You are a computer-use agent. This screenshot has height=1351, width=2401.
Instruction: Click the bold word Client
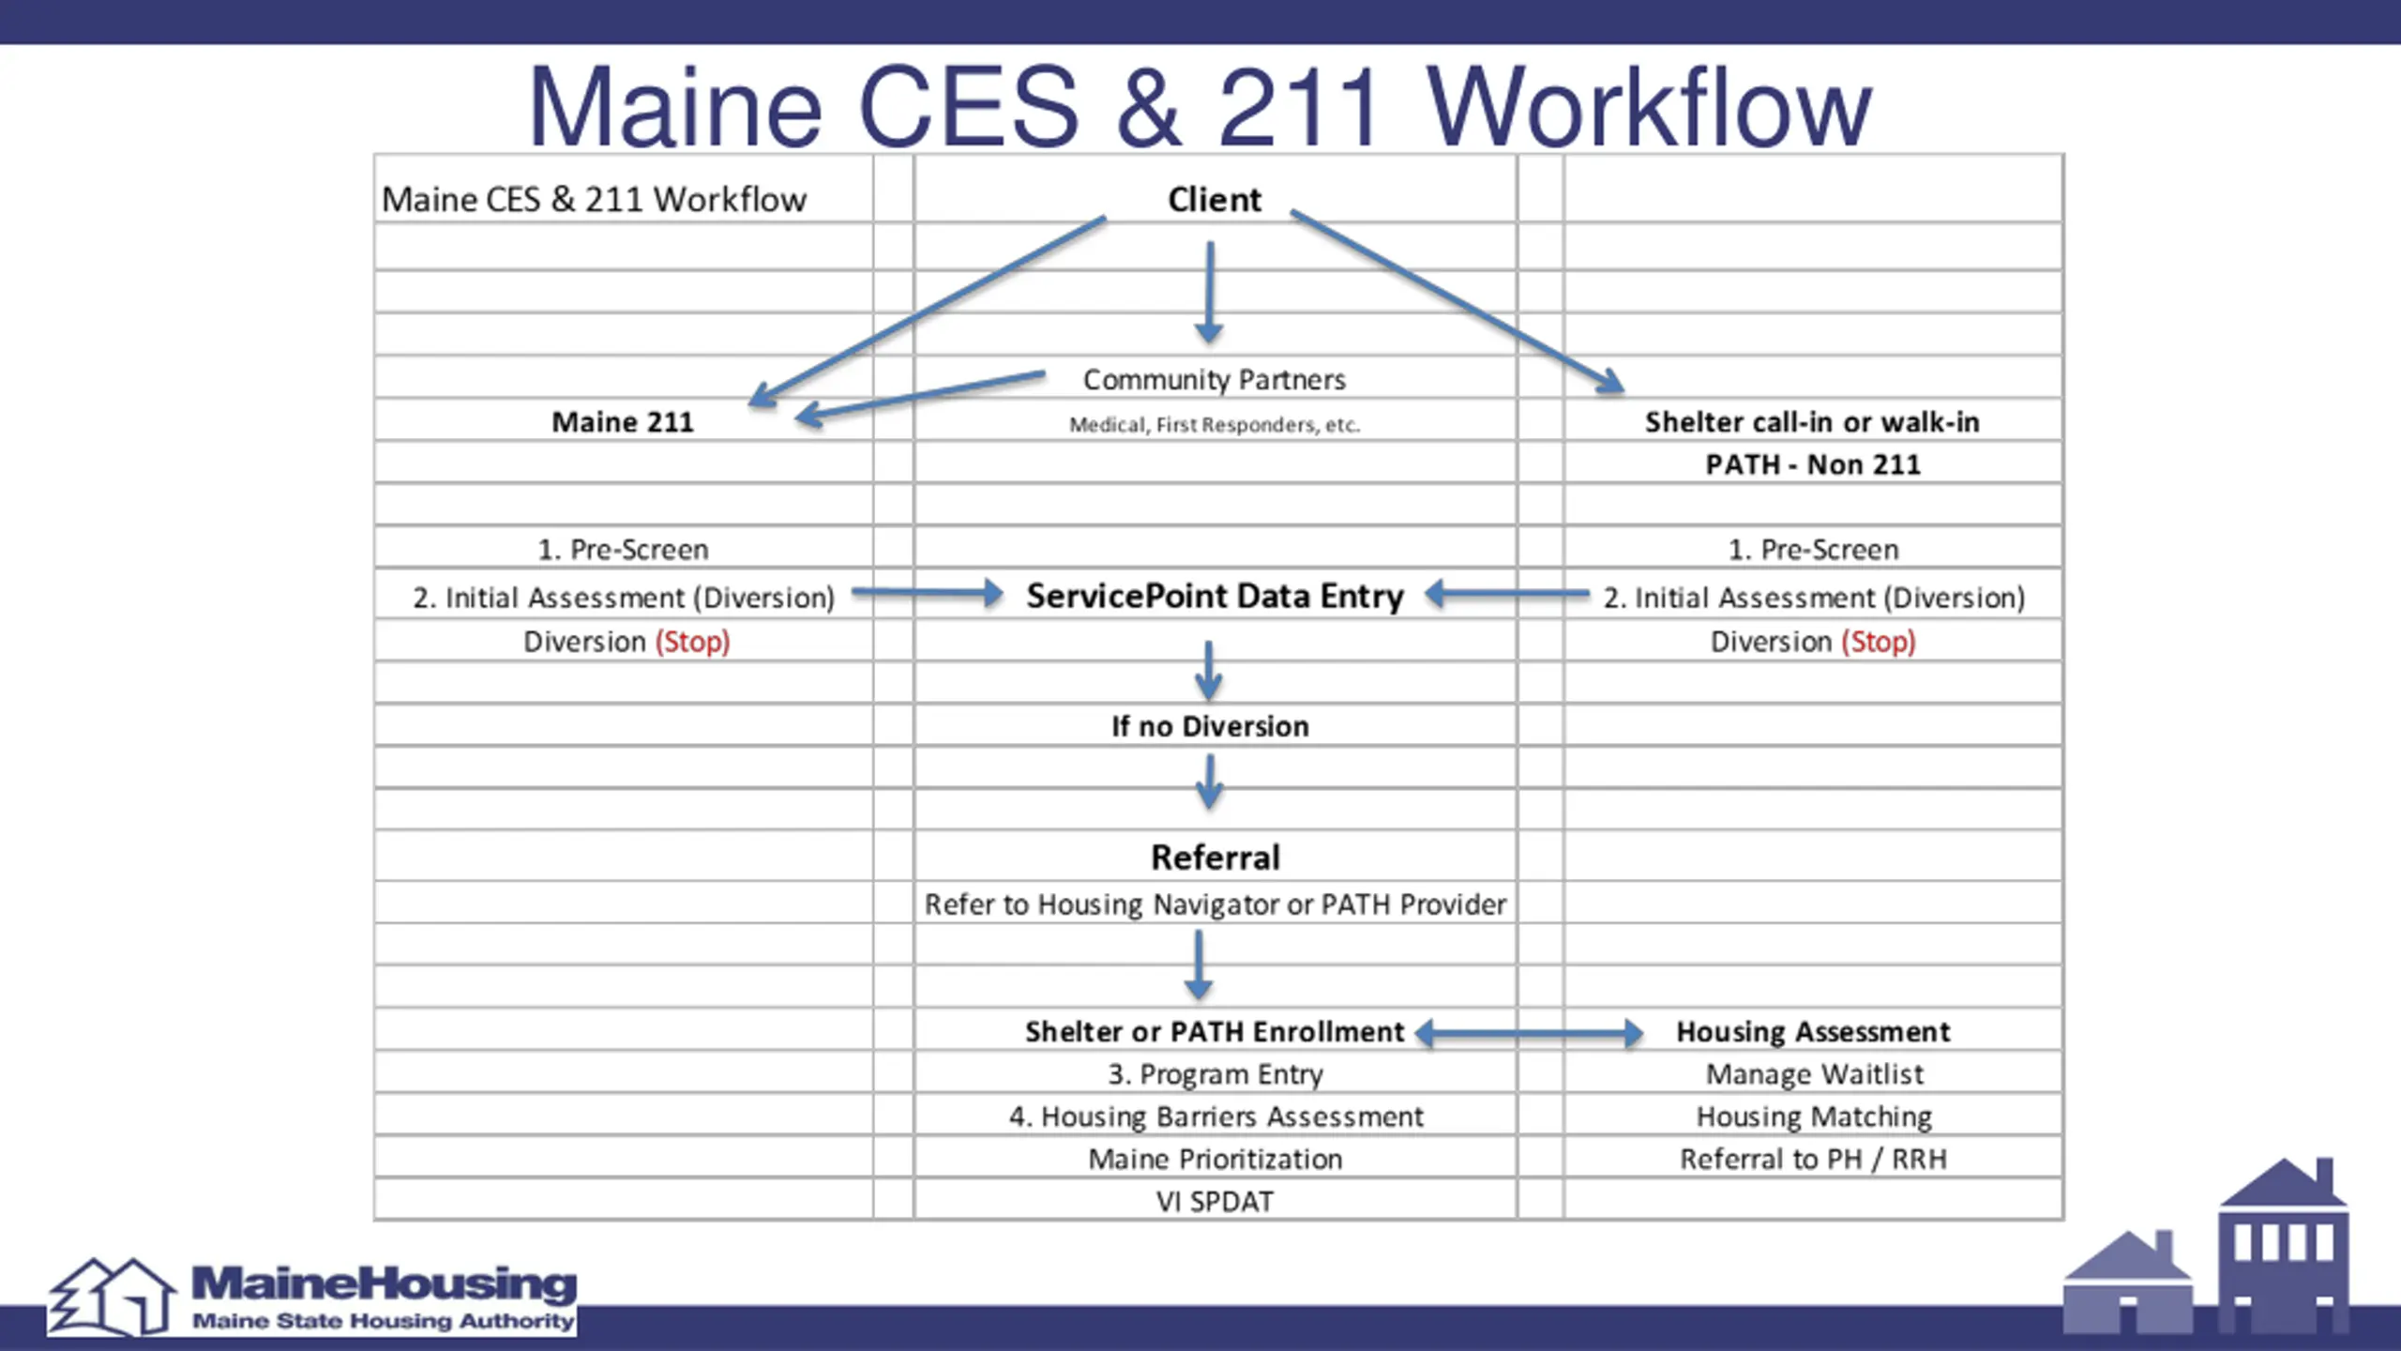[1214, 200]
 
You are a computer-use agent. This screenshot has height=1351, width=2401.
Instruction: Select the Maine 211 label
[623, 422]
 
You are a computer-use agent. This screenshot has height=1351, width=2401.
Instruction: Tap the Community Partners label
[1214, 380]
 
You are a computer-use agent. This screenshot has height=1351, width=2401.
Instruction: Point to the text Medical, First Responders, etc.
[1214, 425]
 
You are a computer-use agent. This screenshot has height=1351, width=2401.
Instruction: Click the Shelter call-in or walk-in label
[1812, 422]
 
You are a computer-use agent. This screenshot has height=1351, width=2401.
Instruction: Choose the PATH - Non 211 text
[1812, 464]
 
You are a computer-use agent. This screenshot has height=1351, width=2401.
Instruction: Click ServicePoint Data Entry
[1215, 596]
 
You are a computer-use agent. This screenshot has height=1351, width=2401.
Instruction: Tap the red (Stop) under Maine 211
[692, 642]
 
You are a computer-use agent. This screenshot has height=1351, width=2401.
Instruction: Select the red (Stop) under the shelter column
[1878, 642]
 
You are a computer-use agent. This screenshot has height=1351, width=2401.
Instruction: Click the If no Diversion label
[1210, 726]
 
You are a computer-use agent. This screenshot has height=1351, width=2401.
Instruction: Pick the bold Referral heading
[1215, 858]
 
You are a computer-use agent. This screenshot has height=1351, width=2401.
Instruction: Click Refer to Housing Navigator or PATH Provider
[1215, 904]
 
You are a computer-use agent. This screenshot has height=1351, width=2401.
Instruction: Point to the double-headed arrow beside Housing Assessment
[1529, 1034]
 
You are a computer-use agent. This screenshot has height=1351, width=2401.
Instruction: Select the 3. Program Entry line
[1215, 1074]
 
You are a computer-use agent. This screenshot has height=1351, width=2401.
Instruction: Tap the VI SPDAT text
[1215, 1202]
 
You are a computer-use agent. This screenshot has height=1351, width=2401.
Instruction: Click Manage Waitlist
[1814, 1074]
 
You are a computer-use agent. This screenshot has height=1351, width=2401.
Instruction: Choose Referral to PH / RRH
[1813, 1160]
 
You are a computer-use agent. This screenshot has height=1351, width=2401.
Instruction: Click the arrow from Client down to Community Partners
[1209, 291]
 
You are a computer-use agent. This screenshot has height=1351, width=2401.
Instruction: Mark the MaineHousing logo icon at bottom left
[111, 1297]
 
